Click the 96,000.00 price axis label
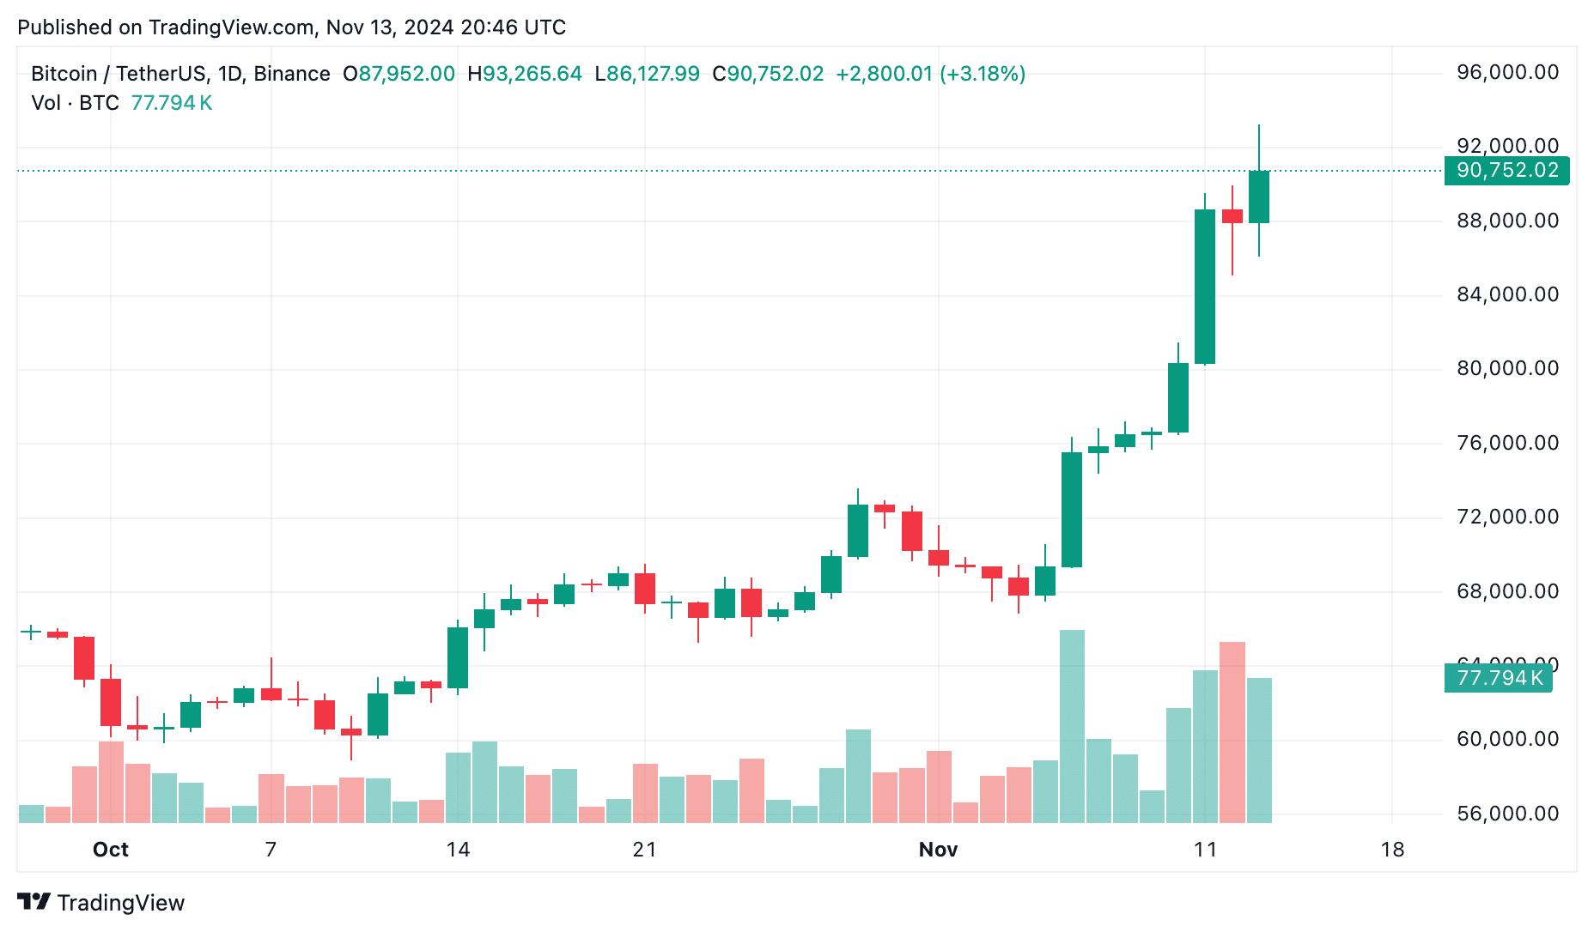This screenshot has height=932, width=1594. coord(1507,72)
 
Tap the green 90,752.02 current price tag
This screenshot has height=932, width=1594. coord(1507,171)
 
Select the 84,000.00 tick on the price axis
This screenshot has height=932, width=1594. coord(1507,294)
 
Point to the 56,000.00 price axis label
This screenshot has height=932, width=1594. coord(1507,814)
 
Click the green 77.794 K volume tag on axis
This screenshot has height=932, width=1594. coord(1499,678)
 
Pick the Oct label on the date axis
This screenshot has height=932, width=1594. coord(110,850)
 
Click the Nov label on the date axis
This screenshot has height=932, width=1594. coord(938,850)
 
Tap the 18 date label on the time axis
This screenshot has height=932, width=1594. coord(1392,850)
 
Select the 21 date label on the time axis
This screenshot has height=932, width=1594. coord(644,850)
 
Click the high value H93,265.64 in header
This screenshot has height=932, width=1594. coord(525,74)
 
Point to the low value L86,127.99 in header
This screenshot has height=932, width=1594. coord(648,74)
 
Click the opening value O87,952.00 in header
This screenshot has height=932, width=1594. coord(399,74)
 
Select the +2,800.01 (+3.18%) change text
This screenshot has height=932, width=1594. coord(931,74)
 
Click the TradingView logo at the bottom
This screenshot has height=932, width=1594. coord(101,903)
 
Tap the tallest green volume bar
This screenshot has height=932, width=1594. coord(1072,726)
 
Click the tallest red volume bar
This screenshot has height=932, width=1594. coord(1232,732)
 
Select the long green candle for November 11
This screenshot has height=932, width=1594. coord(1205,287)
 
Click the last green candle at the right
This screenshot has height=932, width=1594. coord(1259,197)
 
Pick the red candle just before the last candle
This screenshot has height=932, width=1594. coord(1232,216)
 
